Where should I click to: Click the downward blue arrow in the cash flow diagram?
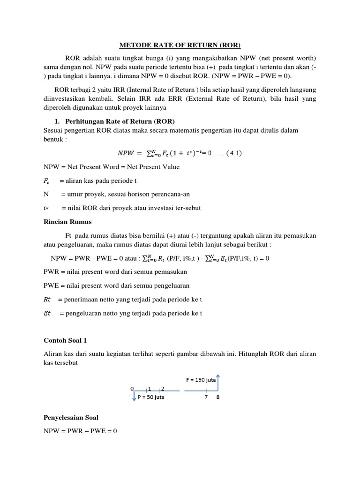tap(134, 396)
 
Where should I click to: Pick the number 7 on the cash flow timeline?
tap(205, 397)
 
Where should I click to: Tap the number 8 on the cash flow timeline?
tap(218, 397)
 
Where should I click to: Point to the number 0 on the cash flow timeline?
tap(132, 388)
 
